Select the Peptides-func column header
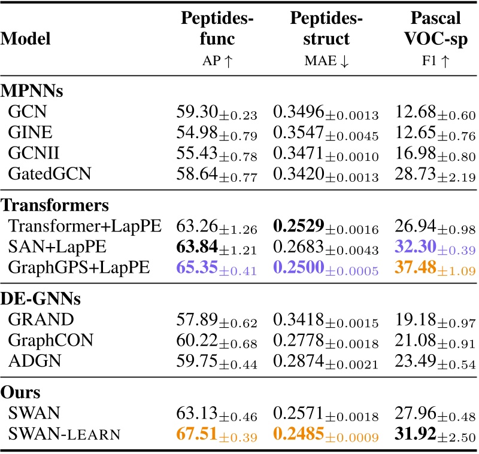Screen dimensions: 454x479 (217, 30)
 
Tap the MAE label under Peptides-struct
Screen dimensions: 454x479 (319, 63)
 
